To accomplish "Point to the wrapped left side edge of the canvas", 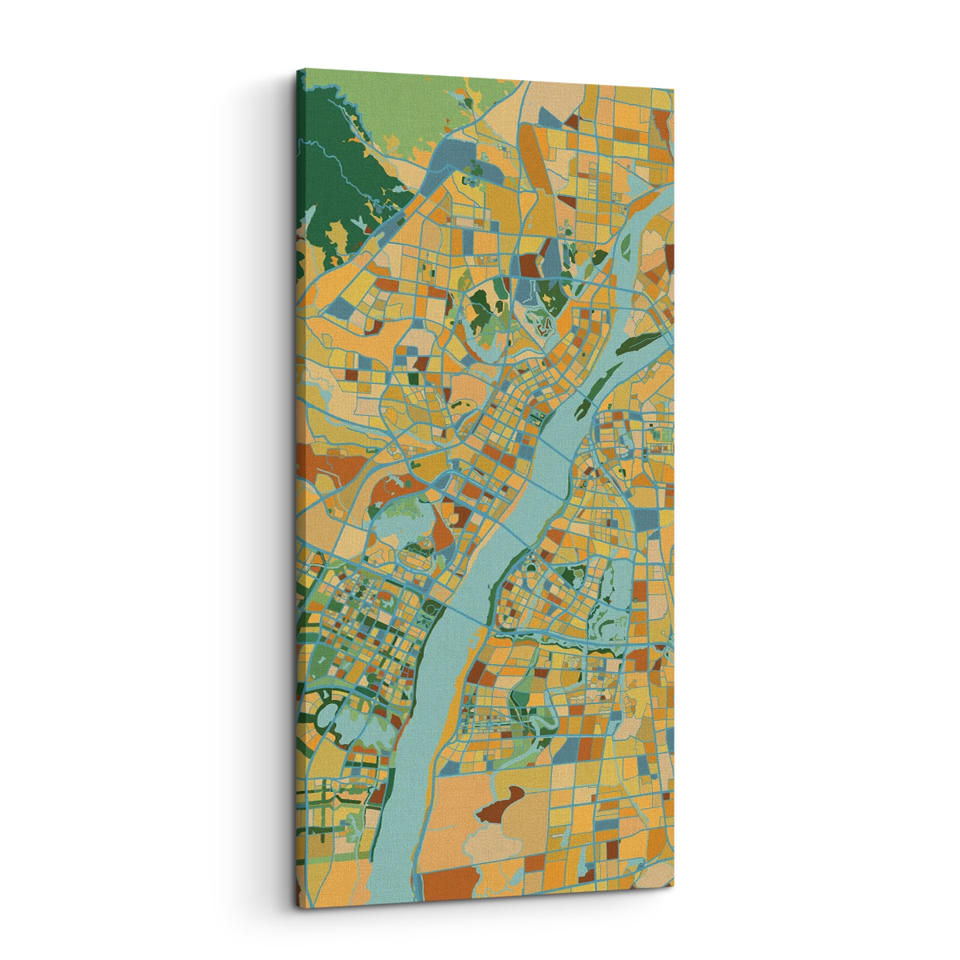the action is click(x=301, y=480).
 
